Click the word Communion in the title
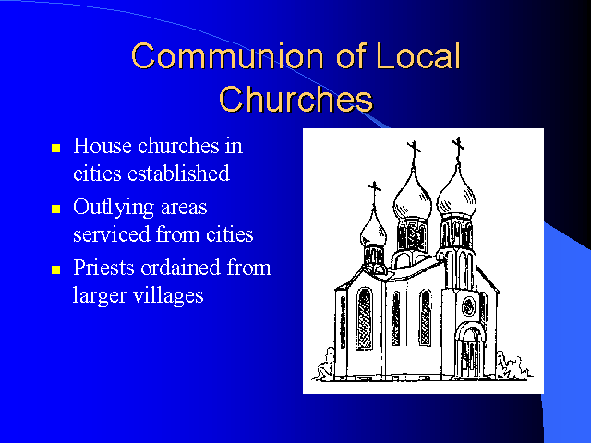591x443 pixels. pyautogui.click(x=227, y=55)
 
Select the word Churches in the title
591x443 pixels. pyautogui.click(x=295, y=99)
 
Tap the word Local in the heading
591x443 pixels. pyautogui.click(x=418, y=55)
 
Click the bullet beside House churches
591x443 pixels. pyautogui.click(x=55, y=148)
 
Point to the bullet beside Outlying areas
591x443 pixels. pyautogui.click(x=55, y=209)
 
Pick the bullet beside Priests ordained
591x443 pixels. pyautogui.click(x=55, y=269)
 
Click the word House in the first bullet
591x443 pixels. pyautogui.click(x=103, y=146)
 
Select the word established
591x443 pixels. pyautogui.click(x=178, y=174)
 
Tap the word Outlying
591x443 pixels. pyautogui.click(x=114, y=207)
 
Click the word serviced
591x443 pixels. pyautogui.click(x=112, y=234)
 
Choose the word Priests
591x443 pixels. pyautogui.click(x=104, y=268)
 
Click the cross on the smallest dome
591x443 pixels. pyautogui.click(x=374, y=191)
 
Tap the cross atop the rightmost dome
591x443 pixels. pyautogui.click(x=458, y=148)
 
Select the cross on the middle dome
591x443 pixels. pyautogui.click(x=414, y=151)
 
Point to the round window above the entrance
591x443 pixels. pyautogui.click(x=469, y=306)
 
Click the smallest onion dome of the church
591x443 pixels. pyautogui.click(x=373, y=230)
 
